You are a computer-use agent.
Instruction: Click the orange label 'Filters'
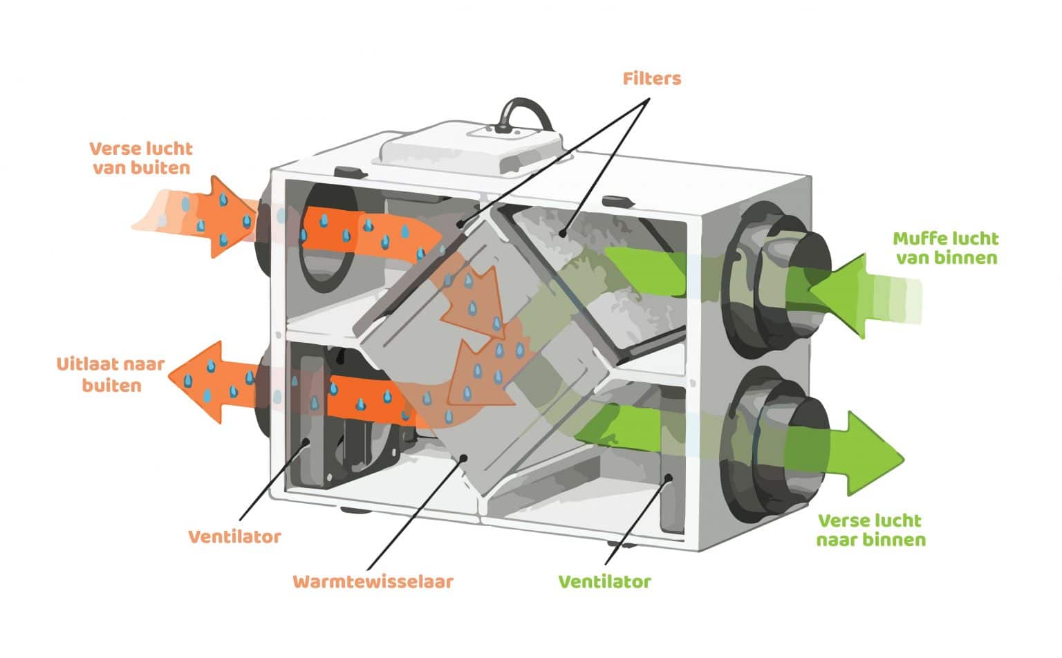tap(651, 79)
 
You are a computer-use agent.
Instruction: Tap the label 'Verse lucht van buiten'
tap(141, 158)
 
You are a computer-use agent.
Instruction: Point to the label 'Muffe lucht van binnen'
tap(946, 248)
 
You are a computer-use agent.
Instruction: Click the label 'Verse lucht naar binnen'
tap(870, 530)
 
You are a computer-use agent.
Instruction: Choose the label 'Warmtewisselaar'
tap(373, 581)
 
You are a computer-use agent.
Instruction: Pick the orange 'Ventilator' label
tap(234, 537)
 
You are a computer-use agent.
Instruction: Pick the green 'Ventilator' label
tap(604, 582)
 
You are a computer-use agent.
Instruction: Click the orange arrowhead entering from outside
tap(228, 217)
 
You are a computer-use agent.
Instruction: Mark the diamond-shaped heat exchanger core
tap(484, 352)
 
